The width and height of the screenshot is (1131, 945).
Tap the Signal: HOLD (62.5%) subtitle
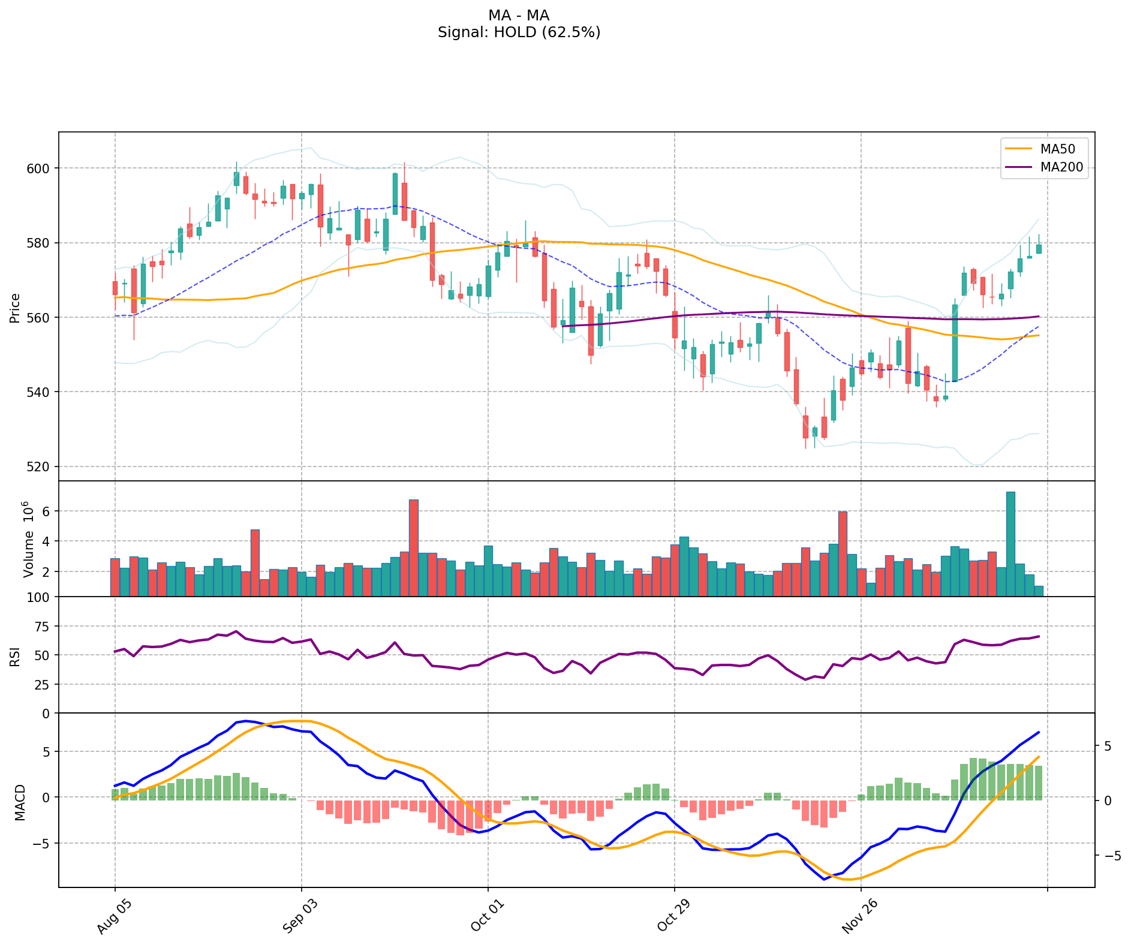click(519, 32)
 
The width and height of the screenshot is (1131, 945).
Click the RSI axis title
click(15, 655)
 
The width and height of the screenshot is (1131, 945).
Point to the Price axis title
click(15, 307)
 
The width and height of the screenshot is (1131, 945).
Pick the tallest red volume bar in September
click(414, 547)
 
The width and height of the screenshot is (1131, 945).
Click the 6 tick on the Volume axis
click(44, 511)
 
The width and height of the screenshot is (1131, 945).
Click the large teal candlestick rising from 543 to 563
click(955, 342)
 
